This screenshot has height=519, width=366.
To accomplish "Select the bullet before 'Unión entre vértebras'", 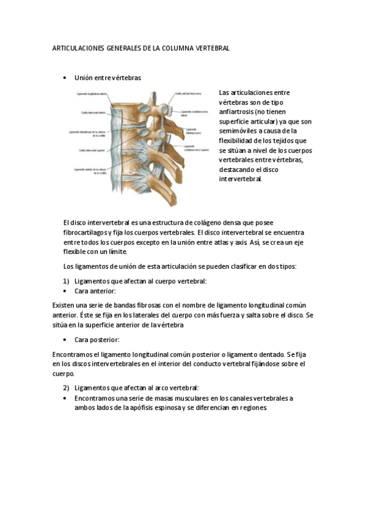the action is click(x=65, y=78).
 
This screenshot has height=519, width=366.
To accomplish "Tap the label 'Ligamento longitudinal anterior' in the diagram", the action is click(x=92, y=94).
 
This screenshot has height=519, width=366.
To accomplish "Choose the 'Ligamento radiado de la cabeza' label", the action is click(x=91, y=171).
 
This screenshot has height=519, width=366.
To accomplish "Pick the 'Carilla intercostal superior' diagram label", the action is click(x=93, y=149).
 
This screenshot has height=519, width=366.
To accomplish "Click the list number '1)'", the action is click(x=67, y=281).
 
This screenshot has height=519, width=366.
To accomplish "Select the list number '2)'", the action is click(x=67, y=388).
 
